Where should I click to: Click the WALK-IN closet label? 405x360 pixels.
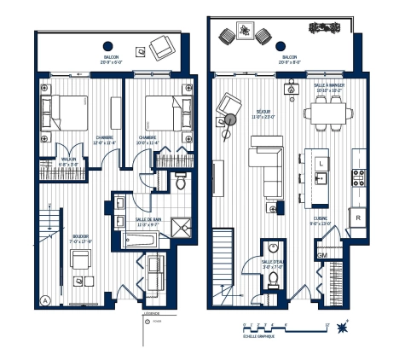[70, 159]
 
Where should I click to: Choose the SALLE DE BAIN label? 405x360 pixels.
[149, 219]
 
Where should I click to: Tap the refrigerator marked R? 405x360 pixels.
[357, 218]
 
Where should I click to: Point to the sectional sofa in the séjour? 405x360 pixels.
[266, 168]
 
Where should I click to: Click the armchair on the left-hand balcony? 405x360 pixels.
[159, 47]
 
